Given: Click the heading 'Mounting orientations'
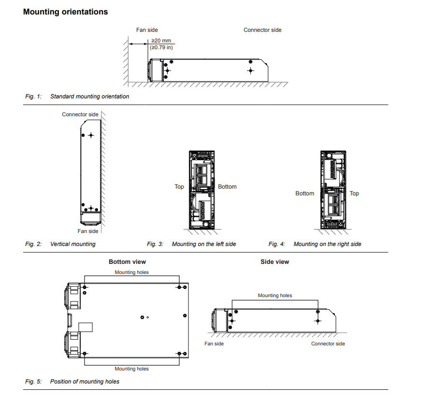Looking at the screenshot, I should [x=65, y=12].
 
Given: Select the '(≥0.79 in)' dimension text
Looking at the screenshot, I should [x=161, y=48].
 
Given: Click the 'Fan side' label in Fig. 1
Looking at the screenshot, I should [x=147, y=30].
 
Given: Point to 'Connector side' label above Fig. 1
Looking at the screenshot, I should [x=262, y=30].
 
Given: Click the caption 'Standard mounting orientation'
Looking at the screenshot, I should [x=89, y=96].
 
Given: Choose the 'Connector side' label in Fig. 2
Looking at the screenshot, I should [x=80, y=114].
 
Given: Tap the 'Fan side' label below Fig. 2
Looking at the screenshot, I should [x=88, y=232].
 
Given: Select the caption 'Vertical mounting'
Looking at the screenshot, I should [x=72, y=244].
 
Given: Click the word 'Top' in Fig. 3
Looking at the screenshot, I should [x=179, y=187].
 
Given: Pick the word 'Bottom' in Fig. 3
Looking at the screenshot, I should [x=227, y=187].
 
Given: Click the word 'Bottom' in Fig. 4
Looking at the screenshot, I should [x=305, y=193].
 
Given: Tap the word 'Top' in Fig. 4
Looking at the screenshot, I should [x=354, y=193].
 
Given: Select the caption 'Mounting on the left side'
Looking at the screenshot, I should [x=204, y=244].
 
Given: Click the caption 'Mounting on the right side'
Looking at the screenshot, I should [x=327, y=244].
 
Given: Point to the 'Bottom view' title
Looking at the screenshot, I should [x=127, y=262].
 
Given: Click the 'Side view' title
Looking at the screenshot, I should [x=274, y=262].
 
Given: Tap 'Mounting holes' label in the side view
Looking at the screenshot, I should [x=275, y=296].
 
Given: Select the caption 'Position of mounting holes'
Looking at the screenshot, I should [x=85, y=382].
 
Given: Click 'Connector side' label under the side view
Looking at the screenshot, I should [x=328, y=344].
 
